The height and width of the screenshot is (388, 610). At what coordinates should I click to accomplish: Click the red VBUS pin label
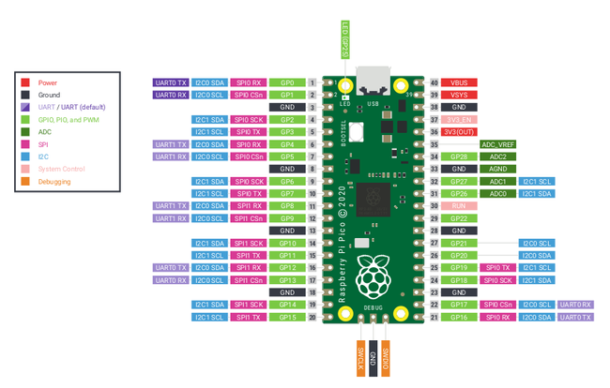459,83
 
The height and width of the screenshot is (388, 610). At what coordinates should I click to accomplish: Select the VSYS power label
459,96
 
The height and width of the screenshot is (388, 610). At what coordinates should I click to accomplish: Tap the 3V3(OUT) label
459,132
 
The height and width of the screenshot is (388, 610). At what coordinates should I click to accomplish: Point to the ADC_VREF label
497,145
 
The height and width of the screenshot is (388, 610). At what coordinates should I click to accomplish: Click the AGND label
497,170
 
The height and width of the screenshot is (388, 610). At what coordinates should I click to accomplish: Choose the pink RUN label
459,206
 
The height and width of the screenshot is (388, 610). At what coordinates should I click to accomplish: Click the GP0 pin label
287,83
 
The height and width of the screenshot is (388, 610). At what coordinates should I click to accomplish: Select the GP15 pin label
287,318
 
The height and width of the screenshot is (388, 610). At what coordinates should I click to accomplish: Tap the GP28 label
459,157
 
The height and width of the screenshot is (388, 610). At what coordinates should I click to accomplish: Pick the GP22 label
459,218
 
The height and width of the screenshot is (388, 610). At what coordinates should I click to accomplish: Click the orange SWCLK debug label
359,358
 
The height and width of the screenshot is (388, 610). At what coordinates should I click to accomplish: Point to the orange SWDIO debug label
386,358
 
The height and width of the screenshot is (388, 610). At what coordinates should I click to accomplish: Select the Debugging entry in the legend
53,182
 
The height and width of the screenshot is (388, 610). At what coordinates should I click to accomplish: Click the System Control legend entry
61,170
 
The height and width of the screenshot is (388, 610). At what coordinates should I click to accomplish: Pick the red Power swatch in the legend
25,83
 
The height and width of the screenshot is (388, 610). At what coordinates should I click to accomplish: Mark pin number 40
435,83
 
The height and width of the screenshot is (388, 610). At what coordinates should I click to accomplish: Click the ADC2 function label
497,157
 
